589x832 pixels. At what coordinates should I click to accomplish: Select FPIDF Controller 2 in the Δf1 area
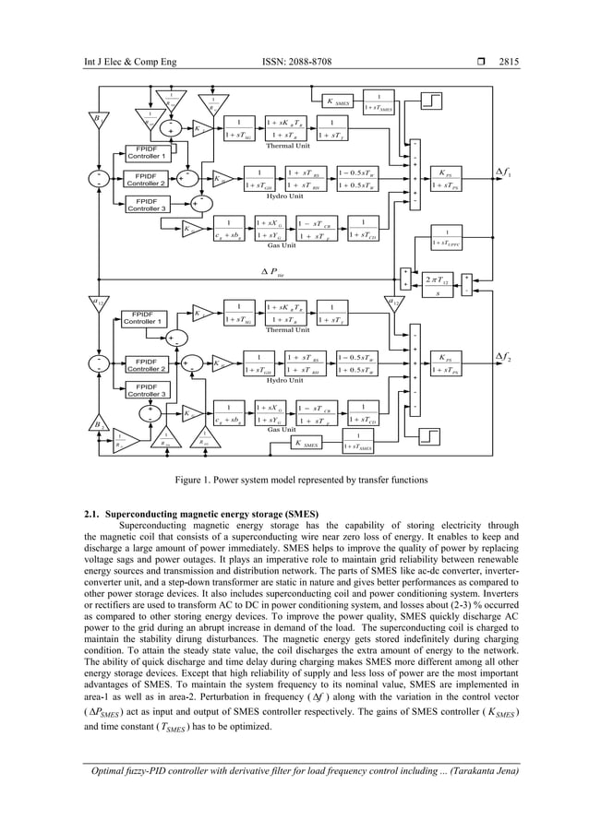click(x=146, y=177)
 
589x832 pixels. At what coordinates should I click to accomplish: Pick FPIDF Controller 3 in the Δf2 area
click(x=146, y=389)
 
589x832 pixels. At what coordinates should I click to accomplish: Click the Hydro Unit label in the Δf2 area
click(x=285, y=380)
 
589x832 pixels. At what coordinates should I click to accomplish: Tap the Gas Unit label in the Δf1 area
click(x=281, y=245)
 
